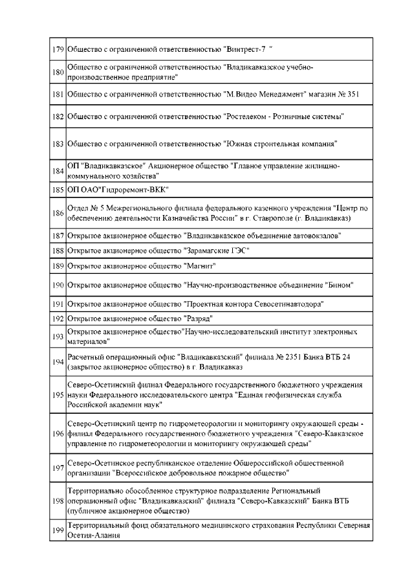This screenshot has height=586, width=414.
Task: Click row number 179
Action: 58,50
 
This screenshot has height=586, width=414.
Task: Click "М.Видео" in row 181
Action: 241,94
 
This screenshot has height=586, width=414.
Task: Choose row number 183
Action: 58,143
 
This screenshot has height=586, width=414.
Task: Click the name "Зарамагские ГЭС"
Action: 217,250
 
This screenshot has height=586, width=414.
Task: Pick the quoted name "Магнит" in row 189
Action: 200,266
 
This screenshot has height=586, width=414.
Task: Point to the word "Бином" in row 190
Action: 338,285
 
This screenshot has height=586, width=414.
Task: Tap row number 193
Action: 58,336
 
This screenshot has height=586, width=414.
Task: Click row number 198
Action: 58,501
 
